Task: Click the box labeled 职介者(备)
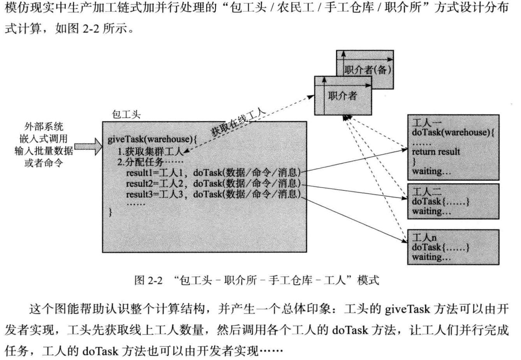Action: coord(368,70)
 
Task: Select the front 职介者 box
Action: coord(343,96)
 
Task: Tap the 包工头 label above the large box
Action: coord(126,114)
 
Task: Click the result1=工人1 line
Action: coord(213,172)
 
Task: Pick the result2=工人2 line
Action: coord(213,183)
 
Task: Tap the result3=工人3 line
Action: coord(213,194)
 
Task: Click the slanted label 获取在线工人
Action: coord(238,122)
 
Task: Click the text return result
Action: coord(436,152)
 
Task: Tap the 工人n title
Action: coord(424,237)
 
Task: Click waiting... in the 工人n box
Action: coord(431,257)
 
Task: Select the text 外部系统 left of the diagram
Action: coord(44,127)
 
